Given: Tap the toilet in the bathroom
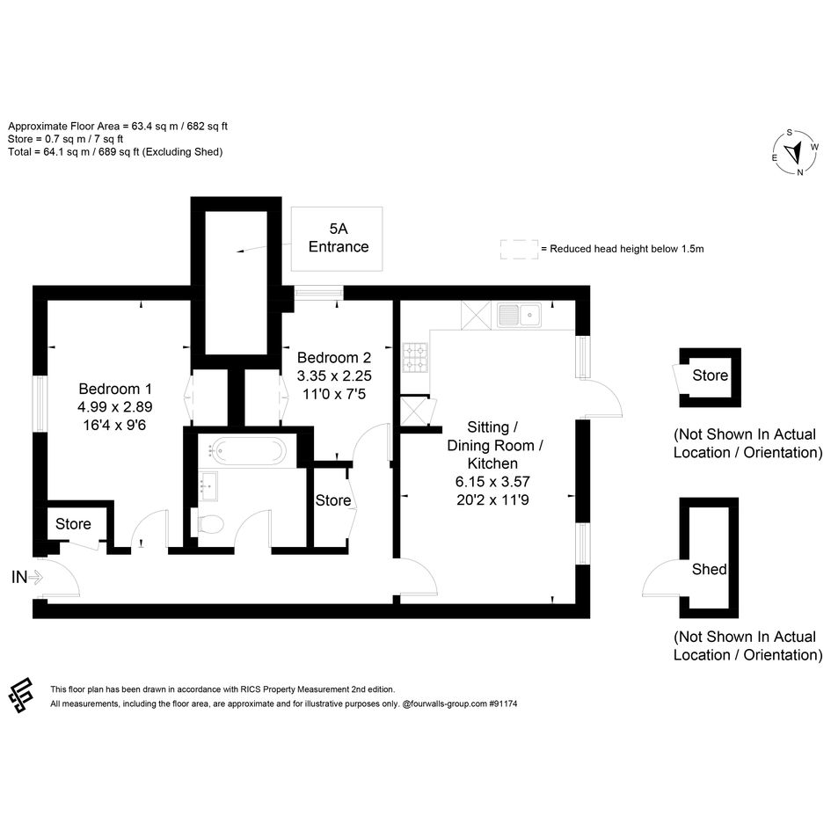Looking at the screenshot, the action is tap(209, 525).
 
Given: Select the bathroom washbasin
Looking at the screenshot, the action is tap(208, 485).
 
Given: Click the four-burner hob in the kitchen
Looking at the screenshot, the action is tap(415, 357).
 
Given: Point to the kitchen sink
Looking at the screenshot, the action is tap(520, 315).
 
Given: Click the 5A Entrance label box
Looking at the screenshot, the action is tap(337, 239).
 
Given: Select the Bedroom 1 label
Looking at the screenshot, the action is tap(115, 389).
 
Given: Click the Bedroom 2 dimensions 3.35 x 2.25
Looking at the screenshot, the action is tap(334, 375).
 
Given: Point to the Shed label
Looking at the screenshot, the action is tap(709, 569).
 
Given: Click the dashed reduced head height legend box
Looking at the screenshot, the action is tap(520, 249).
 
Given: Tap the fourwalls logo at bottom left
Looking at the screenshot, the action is tap(21, 696).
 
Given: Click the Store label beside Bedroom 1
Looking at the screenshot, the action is tap(73, 523).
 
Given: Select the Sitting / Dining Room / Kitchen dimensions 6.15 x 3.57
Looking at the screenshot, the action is tap(492, 482).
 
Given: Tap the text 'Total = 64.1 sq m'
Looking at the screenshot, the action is tap(48, 152).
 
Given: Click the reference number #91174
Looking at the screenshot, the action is tap(503, 703).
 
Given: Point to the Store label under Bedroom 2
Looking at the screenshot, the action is tap(332, 500).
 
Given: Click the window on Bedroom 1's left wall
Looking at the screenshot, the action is tap(40, 404).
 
